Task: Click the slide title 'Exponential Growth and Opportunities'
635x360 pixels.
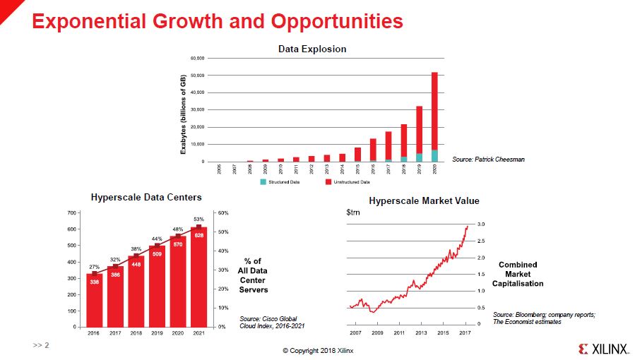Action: click(218, 21)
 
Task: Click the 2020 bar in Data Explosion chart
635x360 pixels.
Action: click(435, 116)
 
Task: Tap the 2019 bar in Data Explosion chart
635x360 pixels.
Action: click(420, 134)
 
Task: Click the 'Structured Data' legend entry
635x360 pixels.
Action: click(280, 182)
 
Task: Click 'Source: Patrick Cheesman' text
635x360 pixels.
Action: click(488, 160)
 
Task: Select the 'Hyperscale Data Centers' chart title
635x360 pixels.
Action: click(146, 198)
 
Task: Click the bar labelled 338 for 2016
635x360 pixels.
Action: click(94, 300)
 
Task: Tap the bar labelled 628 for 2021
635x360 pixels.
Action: click(199, 275)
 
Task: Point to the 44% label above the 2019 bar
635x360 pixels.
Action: click(157, 239)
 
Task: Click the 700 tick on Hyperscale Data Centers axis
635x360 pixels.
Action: click(71, 212)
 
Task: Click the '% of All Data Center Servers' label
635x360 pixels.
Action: click(254, 275)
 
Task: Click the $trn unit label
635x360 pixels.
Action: click(352, 212)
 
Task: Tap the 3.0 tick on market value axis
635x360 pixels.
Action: click(480, 224)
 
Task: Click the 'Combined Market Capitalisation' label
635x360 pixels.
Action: click(522, 274)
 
